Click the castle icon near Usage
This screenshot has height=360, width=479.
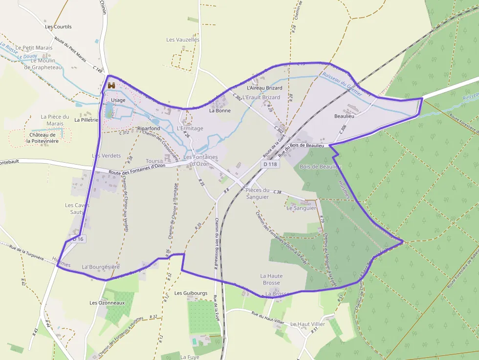pos(111,86)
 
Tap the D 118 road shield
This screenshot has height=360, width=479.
pos(270,165)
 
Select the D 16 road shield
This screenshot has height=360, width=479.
pos(78,239)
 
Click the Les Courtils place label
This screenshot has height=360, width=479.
pos(58,27)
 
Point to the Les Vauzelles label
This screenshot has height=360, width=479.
pos(183,40)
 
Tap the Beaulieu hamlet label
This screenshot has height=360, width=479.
pos(344,117)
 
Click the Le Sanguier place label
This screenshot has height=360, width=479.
pos(301,208)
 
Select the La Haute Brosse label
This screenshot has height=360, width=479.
pos(271,279)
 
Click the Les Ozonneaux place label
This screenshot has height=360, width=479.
pos(107,303)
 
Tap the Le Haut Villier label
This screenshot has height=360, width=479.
pos(307,324)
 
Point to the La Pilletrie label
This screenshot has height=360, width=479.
pos(86,119)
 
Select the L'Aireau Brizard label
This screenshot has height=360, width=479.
pos(265,88)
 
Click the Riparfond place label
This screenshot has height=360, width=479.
pos(149,128)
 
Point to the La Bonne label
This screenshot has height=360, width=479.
pos(219,110)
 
